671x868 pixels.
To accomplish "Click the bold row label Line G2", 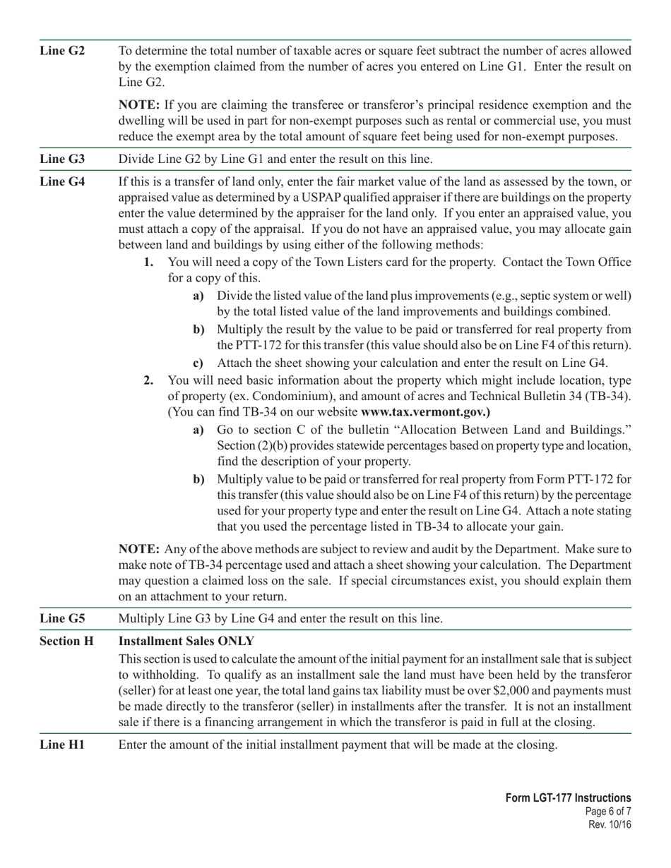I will coord(62,52).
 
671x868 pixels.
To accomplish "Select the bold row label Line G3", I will coord(62,159).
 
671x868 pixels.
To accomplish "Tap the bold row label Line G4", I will coord(62,182).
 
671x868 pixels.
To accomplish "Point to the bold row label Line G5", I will coord(62,619).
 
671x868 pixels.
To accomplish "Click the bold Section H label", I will coord(66,641).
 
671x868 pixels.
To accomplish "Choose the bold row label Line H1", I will coord(62,745).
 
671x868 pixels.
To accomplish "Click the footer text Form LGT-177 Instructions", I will coord(568,798).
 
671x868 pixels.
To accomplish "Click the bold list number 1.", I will coord(148,263).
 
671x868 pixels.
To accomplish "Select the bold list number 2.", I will coord(148,380).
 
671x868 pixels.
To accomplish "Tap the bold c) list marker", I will coord(198,364).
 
